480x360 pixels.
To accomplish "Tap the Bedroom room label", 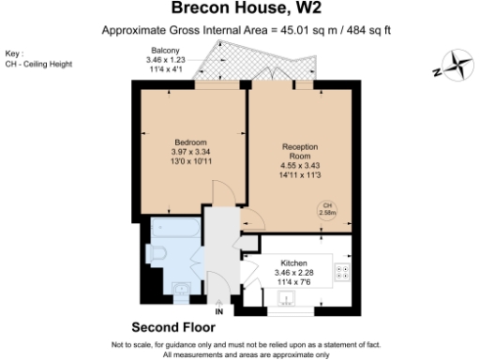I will pyautogui.click(x=190, y=142).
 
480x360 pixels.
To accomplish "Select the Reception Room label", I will pyautogui.click(x=300, y=152).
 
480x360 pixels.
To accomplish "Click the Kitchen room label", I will pyautogui.click(x=294, y=263).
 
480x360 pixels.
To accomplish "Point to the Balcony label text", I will pyautogui.click(x=164, y=52).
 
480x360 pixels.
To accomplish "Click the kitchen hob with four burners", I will pyautogui.click(x=342, y=273).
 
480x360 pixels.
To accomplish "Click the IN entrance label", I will pyautogui.click(x=219, y=311).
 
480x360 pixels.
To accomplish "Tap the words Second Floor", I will pyautogui.click(x=172, y=328).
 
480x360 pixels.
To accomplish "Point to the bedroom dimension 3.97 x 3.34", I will pyautogui.click(x=190, y=152).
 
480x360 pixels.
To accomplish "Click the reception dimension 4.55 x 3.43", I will pyautogui.click(x=300, y=166).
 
